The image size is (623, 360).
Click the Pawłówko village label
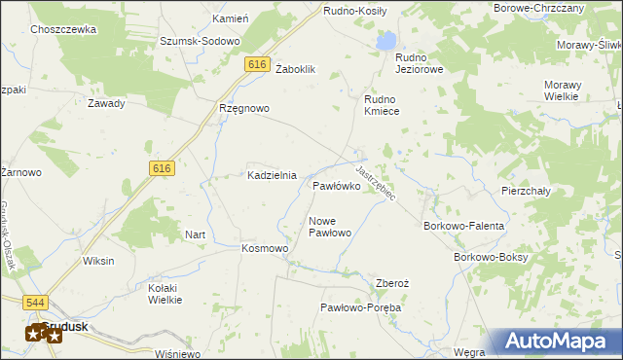point(337,185)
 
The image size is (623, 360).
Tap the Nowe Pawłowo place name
point(329,227)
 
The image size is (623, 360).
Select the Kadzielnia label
point(272,175)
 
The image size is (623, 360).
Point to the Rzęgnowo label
point(243,108)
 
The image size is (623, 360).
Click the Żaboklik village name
point(297,70)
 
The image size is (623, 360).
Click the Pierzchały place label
point(526,191)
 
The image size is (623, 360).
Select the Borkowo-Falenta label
point(464,226)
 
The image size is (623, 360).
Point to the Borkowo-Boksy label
point(491,257)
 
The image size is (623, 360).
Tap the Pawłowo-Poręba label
point(361,307)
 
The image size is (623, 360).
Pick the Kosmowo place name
point(265,248)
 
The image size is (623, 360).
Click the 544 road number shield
point(36,304)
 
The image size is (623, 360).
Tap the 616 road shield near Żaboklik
point(257,64)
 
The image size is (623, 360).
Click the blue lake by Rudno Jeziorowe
point(386,41)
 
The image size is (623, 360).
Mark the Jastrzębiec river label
point(376,182)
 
